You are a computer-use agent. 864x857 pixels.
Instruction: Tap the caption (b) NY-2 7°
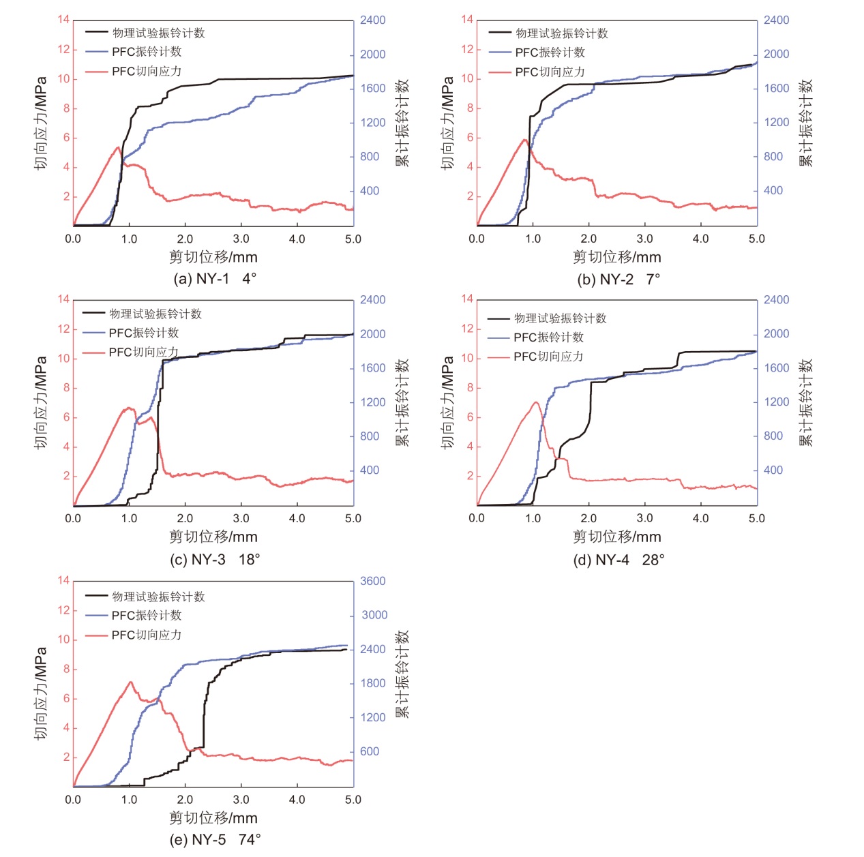(619, 279)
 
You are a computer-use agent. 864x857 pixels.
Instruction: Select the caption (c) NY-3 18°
(215, 559)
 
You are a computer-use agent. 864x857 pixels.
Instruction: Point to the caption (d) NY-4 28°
(619, 560)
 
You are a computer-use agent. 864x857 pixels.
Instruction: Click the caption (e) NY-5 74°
(215, 839)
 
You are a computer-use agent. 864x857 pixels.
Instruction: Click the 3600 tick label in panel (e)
(373, 581)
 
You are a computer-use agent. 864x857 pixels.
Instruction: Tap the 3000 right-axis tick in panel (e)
(374, 614)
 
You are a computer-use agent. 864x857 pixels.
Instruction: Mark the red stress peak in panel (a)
(118, 147)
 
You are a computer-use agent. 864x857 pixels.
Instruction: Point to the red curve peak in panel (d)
(536, 402)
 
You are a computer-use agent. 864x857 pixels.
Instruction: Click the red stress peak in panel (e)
(130, 682)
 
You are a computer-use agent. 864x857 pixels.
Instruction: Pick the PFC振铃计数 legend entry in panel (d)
(548, 337)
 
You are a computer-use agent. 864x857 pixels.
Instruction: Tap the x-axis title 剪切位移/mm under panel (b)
(617, 257)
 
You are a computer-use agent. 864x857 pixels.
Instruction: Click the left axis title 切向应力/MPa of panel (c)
(41, 402)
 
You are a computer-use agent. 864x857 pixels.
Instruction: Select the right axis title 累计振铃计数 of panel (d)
(806, 402)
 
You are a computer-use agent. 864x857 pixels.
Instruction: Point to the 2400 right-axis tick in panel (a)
(373, 20)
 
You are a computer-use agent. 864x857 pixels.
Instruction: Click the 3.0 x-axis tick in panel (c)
(241, 518)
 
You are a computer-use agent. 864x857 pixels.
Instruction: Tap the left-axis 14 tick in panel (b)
(467, 19)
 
